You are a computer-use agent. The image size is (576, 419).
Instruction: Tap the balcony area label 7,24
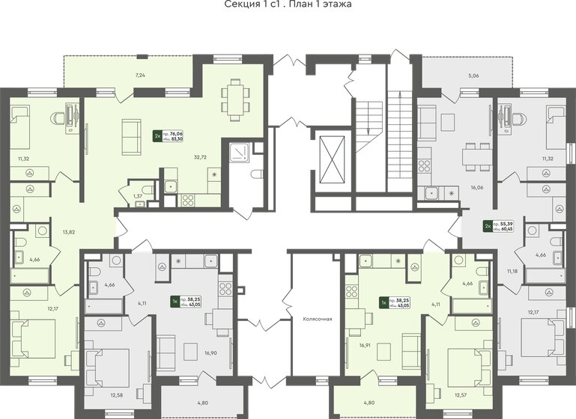(x=139, y=76)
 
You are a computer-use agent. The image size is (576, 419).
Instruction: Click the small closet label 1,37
(x=137, y=195)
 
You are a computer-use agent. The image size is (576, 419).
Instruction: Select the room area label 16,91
(x=366, y=346)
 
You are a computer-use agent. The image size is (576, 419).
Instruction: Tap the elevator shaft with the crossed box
(x=329, y=161)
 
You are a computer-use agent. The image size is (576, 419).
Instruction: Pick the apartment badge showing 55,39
(x=497, y=225)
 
